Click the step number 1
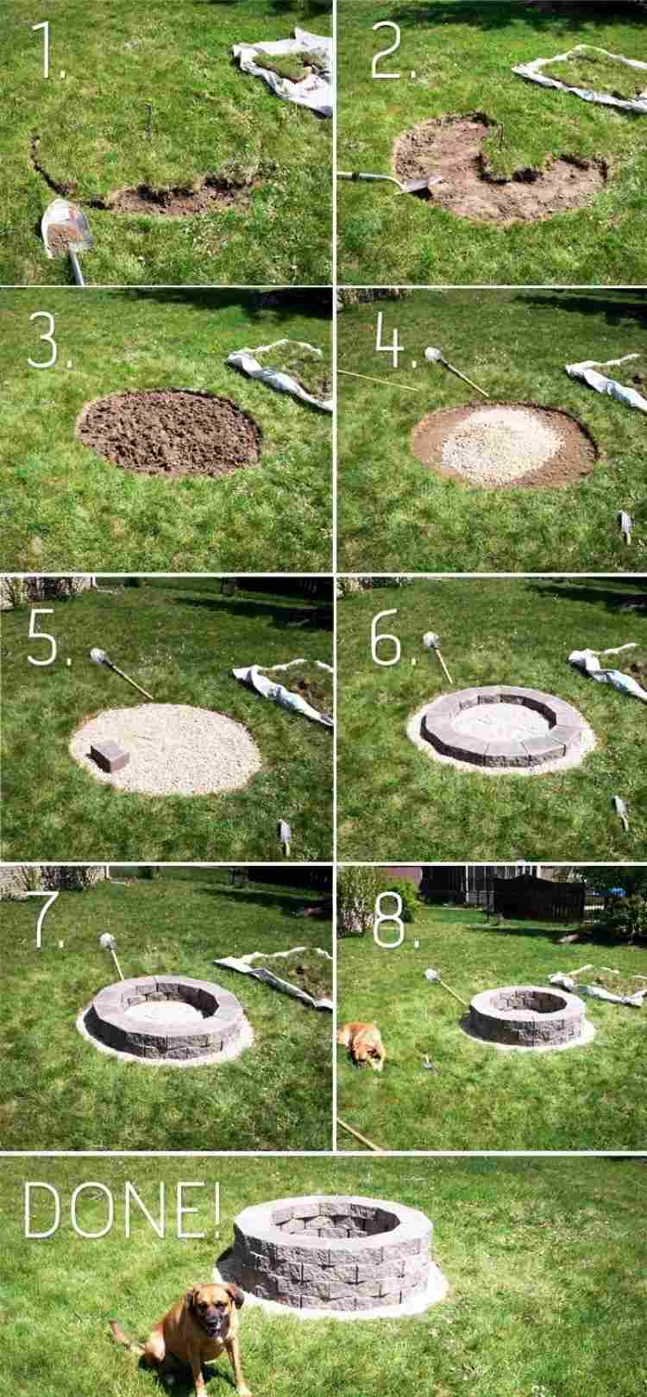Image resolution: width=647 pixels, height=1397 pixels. (50, 52)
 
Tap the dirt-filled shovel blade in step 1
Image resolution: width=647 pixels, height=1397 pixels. (67, 230)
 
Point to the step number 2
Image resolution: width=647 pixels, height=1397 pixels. (393, 52)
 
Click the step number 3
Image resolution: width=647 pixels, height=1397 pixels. (45, 338)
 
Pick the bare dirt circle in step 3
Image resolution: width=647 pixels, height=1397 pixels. (169, 432)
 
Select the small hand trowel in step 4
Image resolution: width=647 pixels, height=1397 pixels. (625, 527)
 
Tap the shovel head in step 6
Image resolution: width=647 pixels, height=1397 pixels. (430, 640)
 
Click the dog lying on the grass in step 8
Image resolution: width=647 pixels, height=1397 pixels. (363, 1044)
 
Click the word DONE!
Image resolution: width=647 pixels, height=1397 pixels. (121, 1210)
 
